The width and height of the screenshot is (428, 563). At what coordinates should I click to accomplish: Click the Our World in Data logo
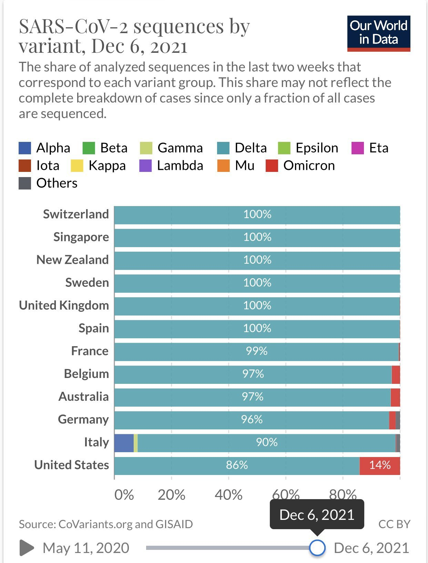[x=378, y=33]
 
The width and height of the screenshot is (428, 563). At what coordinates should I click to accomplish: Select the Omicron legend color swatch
[x=272, y=166]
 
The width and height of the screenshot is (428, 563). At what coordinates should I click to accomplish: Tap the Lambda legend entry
[x=171, y=166]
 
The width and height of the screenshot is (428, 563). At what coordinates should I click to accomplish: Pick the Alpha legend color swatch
[x=25, y=148]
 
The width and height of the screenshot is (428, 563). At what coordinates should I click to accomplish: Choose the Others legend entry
[x=48, y=183]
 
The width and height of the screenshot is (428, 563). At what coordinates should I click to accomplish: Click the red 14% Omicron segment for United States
[x=380, y=465]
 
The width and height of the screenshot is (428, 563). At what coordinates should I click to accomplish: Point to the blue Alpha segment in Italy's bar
[x=124, y=443]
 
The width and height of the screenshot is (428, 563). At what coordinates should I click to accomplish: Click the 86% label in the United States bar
[x=237, y=465]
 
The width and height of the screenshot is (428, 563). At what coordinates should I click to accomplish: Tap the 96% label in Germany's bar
[x=252, y=420]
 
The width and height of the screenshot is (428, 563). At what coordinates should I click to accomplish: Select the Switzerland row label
[x=76, y=214]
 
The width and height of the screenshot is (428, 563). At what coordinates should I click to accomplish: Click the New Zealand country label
[x=73, y=260]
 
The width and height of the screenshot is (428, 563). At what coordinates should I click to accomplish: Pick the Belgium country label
[x=86, y=374]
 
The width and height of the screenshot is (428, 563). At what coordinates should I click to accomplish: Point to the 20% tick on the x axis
[x=171, y=495]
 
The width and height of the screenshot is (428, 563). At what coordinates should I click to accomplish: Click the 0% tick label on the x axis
[x=124, y=495]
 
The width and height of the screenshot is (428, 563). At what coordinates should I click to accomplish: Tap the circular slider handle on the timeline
[x=317, y=548]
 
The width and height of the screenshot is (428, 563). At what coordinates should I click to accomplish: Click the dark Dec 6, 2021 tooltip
[x=317, y=515]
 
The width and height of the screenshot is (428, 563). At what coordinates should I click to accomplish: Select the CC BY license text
[x=394, y=524]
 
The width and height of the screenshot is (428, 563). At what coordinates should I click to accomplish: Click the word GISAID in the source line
[x=174, y=524]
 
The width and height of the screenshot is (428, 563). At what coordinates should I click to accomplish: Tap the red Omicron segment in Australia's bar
[x=395, y=397]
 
